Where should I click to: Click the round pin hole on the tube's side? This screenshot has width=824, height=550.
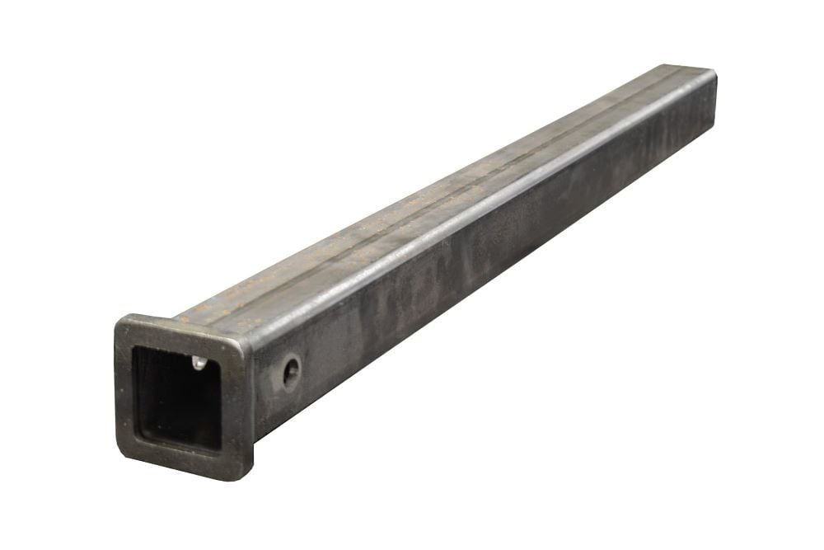click(x=291, y=372)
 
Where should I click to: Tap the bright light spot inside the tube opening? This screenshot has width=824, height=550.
click(x=197, y=361)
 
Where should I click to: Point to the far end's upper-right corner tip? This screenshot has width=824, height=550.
click(x=714, y=74)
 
